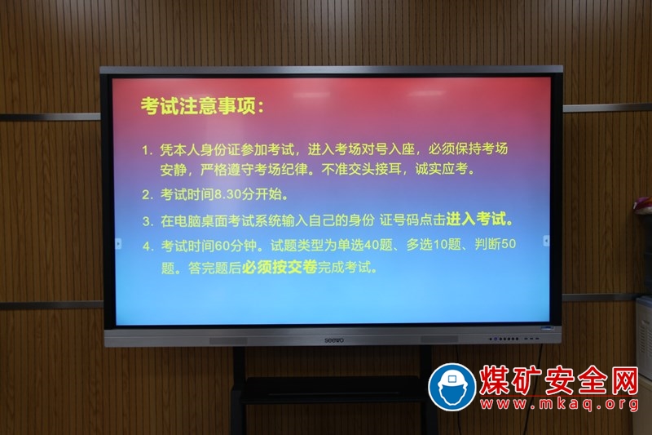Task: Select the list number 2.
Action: click(146, 195)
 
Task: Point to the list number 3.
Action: click(146, 221)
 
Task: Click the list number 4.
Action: click(147, 246)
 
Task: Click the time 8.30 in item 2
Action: click(228, 194)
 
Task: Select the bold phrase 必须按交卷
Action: click(280, 267)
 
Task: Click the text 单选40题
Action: click(364, 245)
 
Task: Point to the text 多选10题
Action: click(434, 244)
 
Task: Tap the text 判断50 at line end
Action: click(495, 244)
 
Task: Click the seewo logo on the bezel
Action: click(334, 340)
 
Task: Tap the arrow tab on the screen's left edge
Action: click(118, 243)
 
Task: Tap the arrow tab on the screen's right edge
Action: click(546, 241)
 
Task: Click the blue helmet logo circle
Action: click(452, 387)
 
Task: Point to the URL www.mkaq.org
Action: click(559, 404)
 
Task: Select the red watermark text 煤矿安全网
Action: click(559, 380)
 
